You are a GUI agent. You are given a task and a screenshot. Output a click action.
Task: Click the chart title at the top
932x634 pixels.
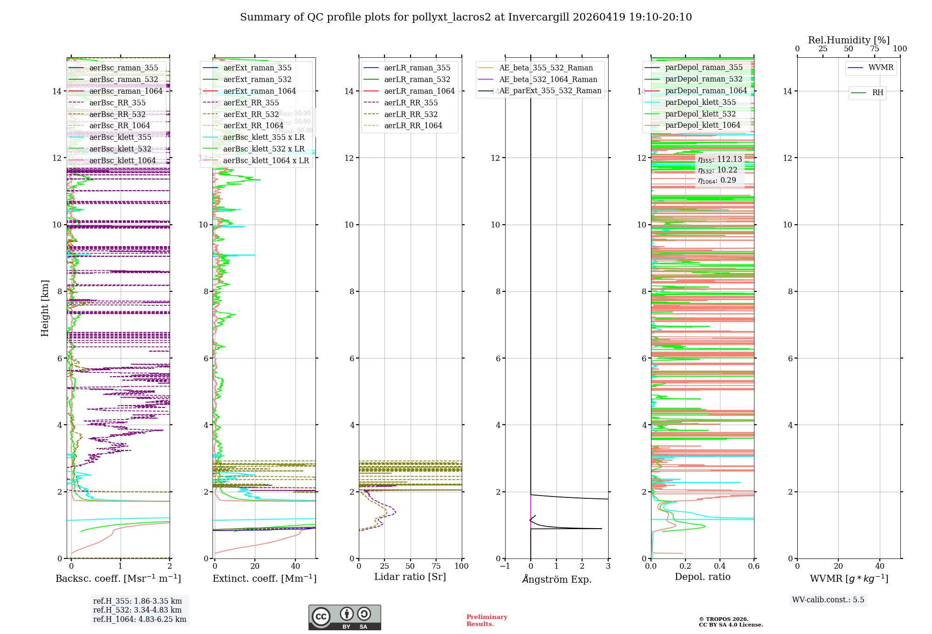point(466,17)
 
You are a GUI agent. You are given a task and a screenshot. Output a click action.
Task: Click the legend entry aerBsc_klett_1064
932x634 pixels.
point(122,161)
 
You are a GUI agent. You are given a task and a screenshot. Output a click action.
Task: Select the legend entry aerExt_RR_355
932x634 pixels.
point(251,103)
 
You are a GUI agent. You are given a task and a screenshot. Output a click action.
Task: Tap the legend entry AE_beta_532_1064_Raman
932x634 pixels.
point(548,80)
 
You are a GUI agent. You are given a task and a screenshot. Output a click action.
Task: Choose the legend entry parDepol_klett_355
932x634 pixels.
point(700,103)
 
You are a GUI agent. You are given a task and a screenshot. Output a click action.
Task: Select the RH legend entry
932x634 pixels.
point(877,93)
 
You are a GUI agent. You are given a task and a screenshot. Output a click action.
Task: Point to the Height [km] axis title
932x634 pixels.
point(45,308)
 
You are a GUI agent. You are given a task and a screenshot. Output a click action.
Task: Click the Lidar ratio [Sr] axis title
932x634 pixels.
point(410,577)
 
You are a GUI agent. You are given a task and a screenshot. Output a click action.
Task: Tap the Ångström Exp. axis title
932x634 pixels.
point(556,579)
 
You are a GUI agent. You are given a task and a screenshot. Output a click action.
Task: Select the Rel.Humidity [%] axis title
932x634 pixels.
point(849,40)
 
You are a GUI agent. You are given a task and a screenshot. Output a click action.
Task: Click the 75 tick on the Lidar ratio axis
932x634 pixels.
point(436,566)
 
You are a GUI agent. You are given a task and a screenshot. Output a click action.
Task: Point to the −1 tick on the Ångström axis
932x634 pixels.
point(505,566)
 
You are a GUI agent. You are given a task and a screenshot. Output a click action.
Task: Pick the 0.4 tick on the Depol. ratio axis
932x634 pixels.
point(720,566)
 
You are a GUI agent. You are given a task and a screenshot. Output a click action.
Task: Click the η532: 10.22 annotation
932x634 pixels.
point(718,170)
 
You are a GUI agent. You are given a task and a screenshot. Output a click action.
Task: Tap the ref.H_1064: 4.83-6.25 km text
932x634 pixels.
point(139,620)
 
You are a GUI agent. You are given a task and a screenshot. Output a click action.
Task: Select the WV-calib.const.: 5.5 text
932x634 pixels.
point(828,600)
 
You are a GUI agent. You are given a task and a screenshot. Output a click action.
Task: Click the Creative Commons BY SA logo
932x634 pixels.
point(344,617)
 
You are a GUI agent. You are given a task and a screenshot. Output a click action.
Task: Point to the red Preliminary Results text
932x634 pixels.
point(487,620)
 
